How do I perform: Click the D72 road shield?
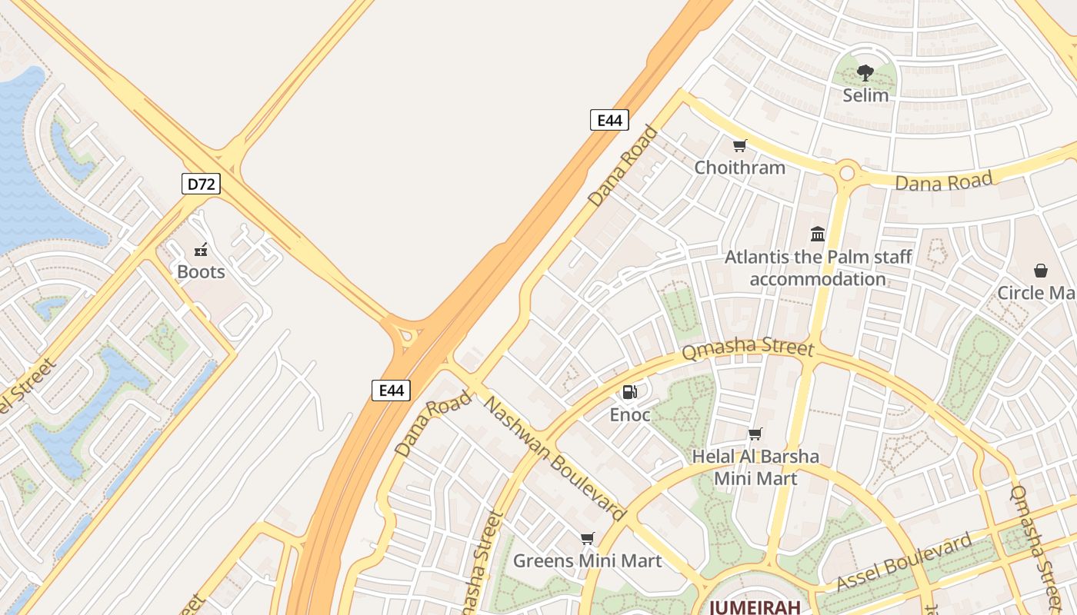click(201, 184)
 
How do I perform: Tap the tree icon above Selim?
click(865, 73)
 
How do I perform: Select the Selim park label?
click(865, 95)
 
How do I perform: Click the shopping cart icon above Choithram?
click(740, 145)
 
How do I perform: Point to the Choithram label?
click(740, 168)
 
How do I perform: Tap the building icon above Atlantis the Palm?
click(818, 234)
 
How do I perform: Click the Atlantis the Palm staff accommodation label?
click(818, 268)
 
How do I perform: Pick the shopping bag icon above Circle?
click(1041, 271)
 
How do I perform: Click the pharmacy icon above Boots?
click(201, 250)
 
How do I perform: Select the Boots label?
click(201, 272)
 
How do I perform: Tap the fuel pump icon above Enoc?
click(630, 393)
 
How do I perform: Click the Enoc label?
click(630, 415)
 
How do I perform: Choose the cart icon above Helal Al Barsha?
click(755, 434)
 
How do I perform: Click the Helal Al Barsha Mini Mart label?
click(755, 467)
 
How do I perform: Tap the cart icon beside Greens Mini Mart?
click(588, 538)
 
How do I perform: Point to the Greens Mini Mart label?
click(588, 561)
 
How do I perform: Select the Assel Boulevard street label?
click(904, 563)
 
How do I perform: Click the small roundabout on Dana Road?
click(847, 172)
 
